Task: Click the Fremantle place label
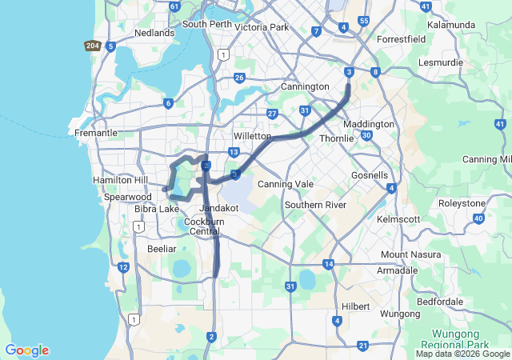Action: tap(95, 133)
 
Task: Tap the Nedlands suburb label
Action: tap(154, 33)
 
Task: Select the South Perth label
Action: tap(207, 24)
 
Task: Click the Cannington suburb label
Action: tap(305, 86)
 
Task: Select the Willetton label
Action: tap(253, 137)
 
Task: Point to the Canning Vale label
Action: tap(285, 185)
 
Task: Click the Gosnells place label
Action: tap(370, 175)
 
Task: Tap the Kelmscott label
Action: tap(398, 218)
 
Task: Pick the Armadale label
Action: tap(398, 270)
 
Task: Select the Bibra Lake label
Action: tap(158, 209)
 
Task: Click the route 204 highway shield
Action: tap(93, 45)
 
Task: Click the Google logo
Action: tap(26, 350)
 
